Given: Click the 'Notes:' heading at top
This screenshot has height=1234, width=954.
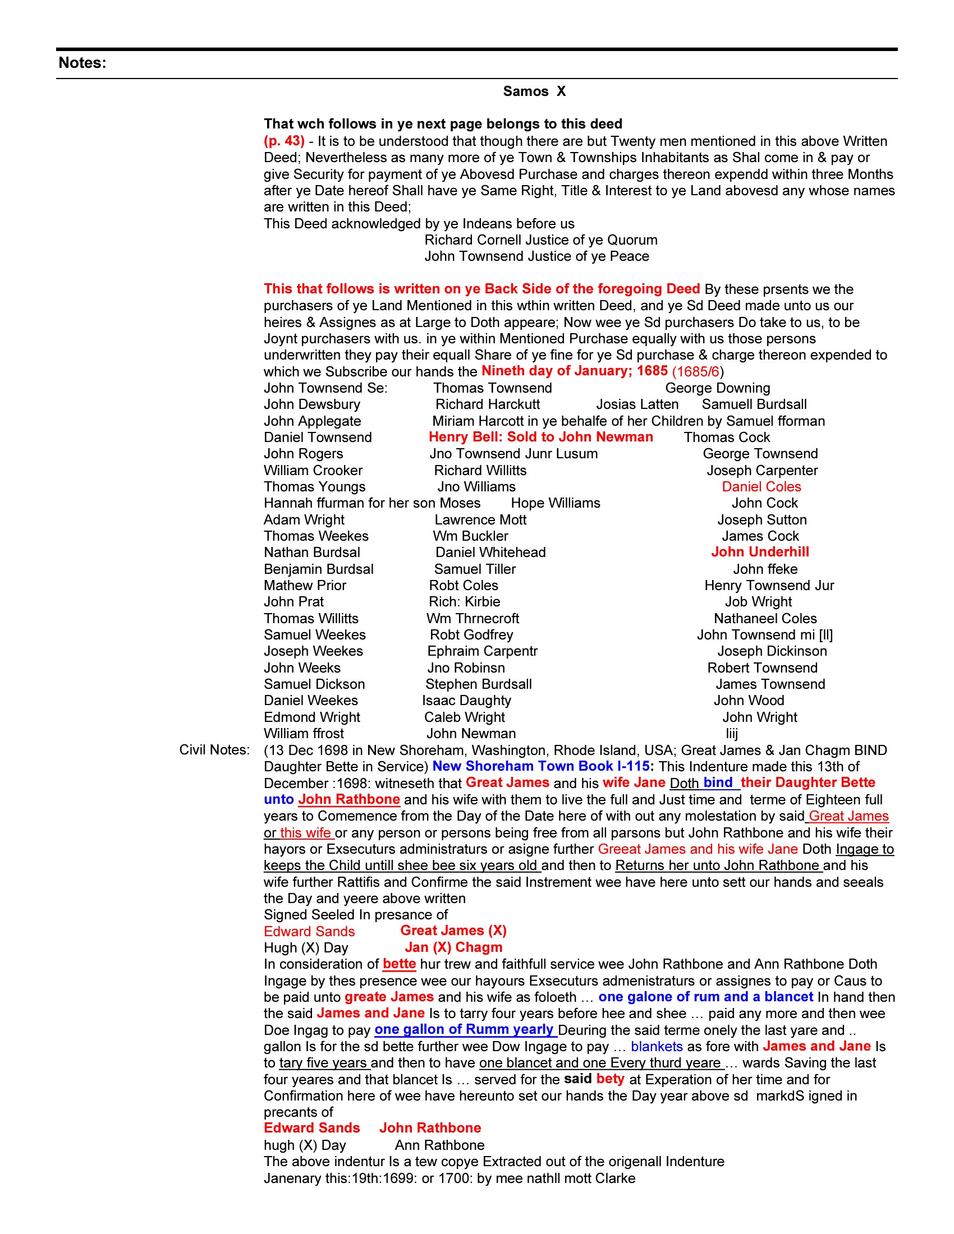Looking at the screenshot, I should click(82, 63).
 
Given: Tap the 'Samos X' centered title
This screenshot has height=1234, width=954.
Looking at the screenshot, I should click(534, 91).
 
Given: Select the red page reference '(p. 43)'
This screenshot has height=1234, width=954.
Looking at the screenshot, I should click(284, 141).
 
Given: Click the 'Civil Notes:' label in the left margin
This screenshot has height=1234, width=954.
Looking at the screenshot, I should click(214, 750).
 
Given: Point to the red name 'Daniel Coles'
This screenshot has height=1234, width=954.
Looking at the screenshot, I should click(761, 486).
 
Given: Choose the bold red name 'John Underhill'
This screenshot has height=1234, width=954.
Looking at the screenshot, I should click(760, 552).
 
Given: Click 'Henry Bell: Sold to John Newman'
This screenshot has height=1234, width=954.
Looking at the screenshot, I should click(540, 437).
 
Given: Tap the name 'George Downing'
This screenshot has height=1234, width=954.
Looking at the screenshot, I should click(717, 388).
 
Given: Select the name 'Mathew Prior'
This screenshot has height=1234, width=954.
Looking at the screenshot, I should click(305, 586).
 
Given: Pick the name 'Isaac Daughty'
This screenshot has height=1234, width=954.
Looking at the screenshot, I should click(466, 701).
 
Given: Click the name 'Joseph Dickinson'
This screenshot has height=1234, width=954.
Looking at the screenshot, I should click(772, 651).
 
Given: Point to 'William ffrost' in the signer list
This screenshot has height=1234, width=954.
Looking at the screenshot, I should click(304, 734).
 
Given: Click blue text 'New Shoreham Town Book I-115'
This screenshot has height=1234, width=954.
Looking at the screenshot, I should click(540, 766).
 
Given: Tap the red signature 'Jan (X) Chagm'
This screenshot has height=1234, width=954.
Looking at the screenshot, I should click(453, 947).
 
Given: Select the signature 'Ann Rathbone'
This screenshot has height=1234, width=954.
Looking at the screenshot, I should click(439, 1145).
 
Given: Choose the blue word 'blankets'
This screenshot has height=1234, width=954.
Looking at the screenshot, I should click(656, 1047).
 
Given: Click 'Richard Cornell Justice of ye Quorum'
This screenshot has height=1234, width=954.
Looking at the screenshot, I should click(540, 240).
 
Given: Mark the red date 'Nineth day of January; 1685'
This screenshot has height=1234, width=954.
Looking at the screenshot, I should click(574, 371).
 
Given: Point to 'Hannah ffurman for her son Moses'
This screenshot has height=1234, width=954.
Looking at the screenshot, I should click(372, 503).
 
